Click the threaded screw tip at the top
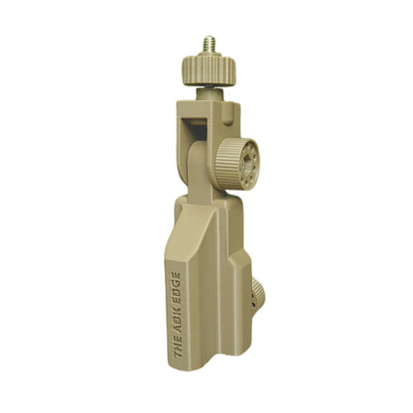coord(209,44)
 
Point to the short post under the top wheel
coord(209,94)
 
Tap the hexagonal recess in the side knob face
coord(247,167)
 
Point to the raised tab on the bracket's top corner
coord(231,114)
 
